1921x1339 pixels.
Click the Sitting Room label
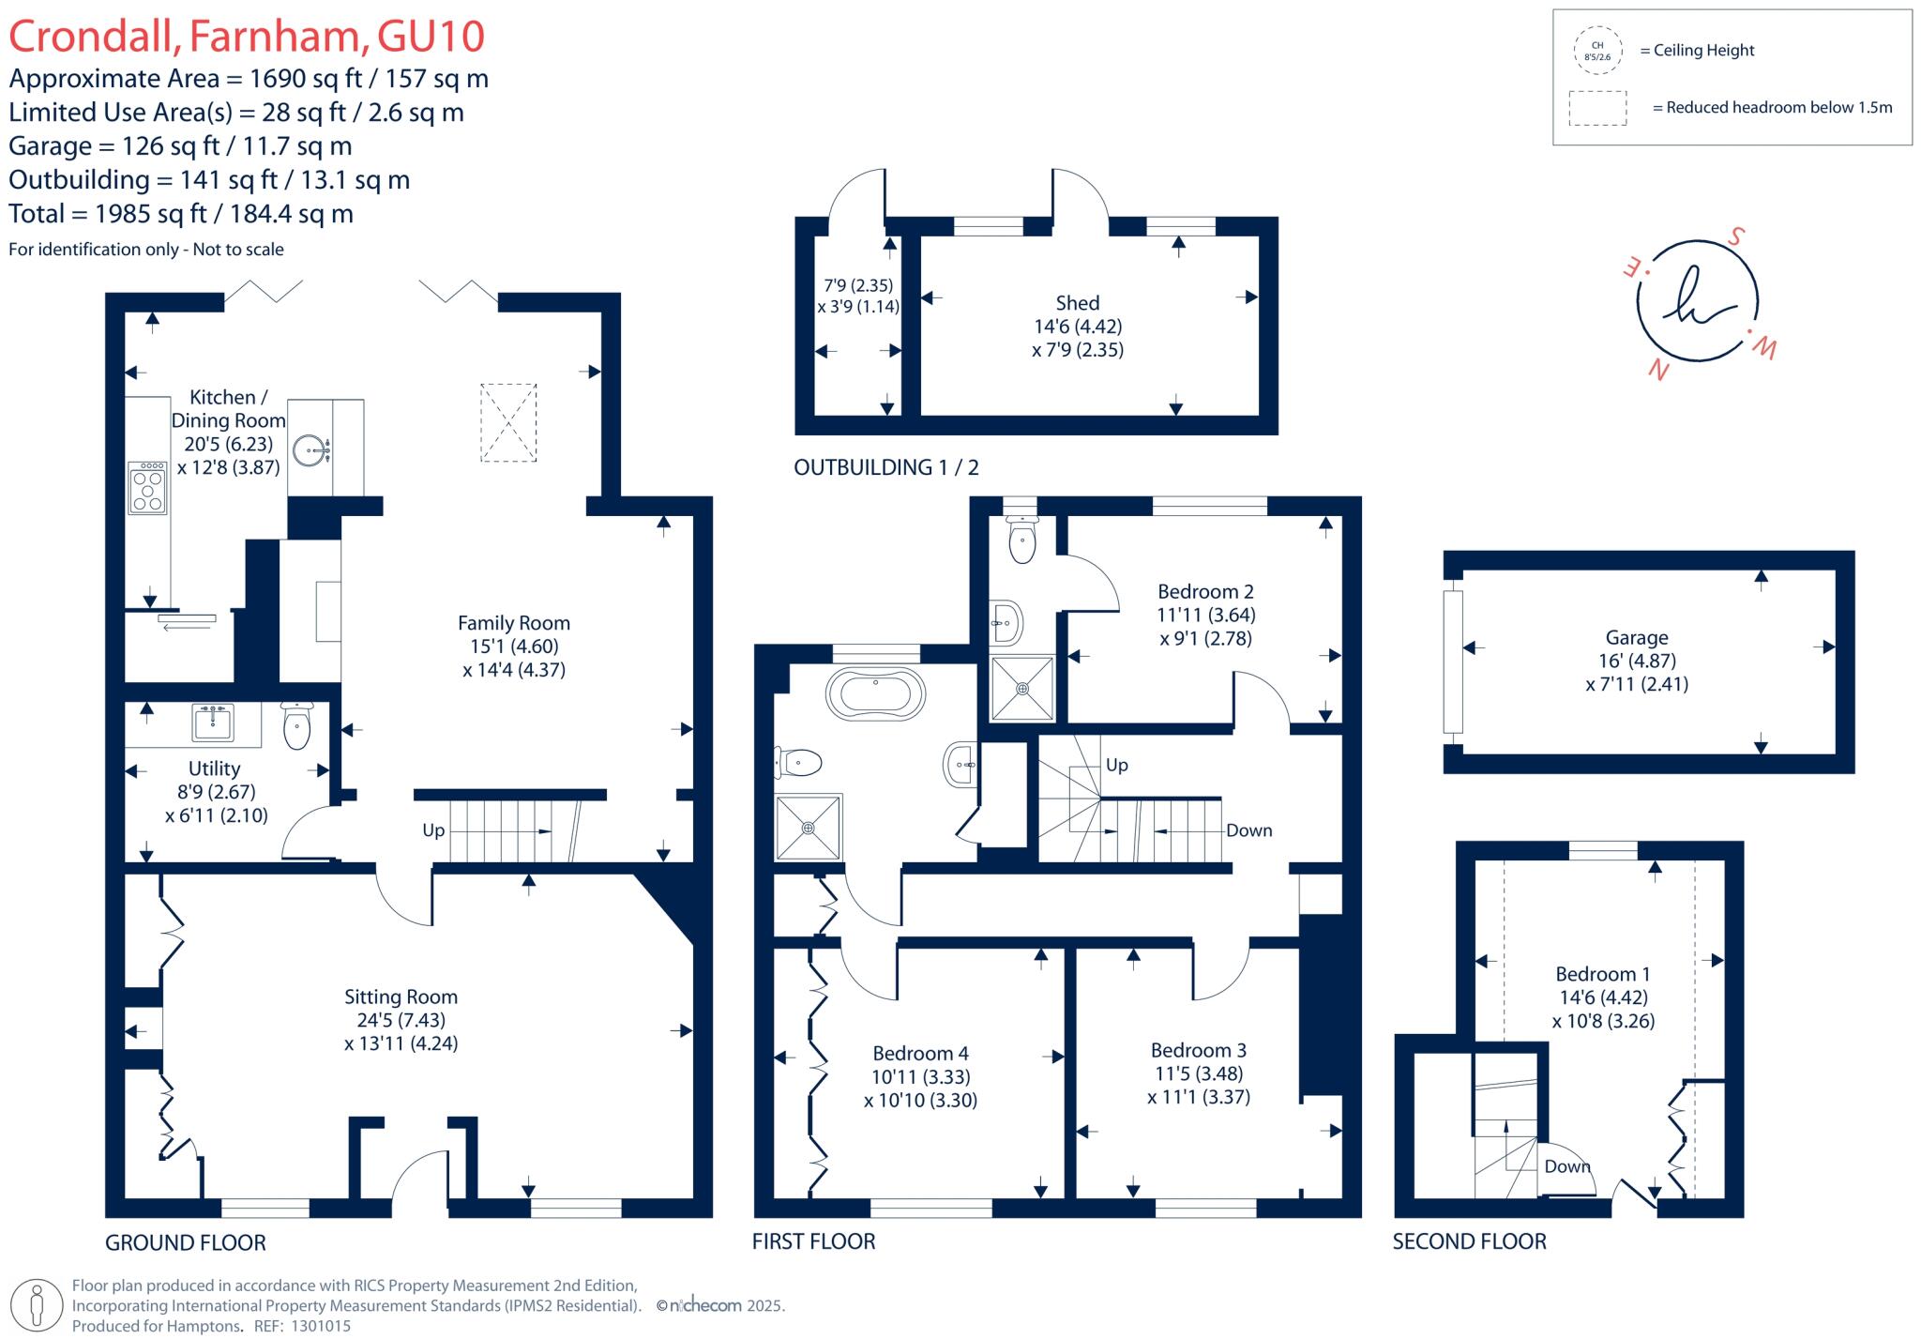(401, 997)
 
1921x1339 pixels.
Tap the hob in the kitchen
(147, 488)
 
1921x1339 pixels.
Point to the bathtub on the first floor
(875, 695)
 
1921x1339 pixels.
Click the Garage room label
(1636, 637)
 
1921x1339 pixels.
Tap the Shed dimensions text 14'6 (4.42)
(1077, 327)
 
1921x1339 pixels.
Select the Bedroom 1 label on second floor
(1602, 974)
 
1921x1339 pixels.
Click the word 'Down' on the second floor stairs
(1567, 1166)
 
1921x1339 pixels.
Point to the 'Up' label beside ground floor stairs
(433, 830)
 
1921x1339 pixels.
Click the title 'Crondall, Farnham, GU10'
(247, 37)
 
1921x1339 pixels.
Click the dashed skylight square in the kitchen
(508, 422)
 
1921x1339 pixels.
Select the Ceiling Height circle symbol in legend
(1596, 51)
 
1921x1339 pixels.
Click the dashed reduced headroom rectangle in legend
(1597, 108)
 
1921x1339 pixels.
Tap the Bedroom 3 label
(1198, 1050)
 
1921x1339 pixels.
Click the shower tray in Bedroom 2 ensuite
(1022, 688)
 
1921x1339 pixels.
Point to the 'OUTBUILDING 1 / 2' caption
(885, 467)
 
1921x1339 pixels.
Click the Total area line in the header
(181, 214)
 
